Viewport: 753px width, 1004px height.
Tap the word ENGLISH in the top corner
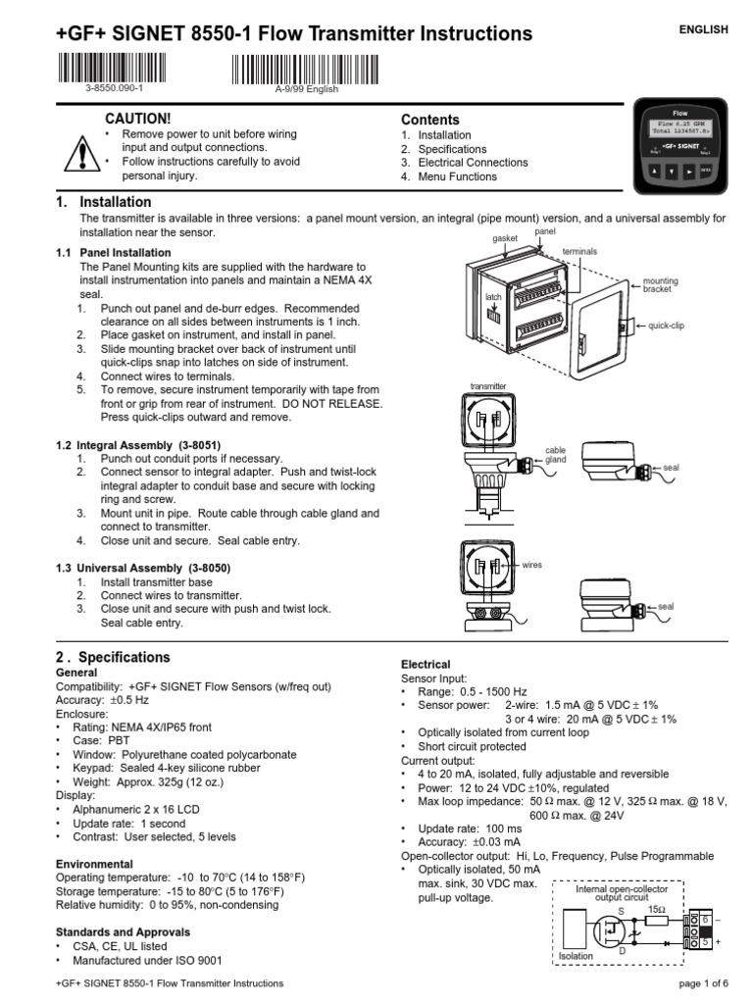click(704, 30)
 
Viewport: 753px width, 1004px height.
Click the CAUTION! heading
click(144, 119)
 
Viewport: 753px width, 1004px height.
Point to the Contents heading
click(429, 120)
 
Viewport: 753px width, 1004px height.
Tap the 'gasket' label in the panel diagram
click(505, 238)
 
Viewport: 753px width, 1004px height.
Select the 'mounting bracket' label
click(660, 285)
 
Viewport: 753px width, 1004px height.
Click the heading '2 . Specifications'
click(113, 657)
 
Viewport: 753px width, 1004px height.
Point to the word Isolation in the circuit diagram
click(576, 956)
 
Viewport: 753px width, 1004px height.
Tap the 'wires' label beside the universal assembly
click(532, 566)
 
